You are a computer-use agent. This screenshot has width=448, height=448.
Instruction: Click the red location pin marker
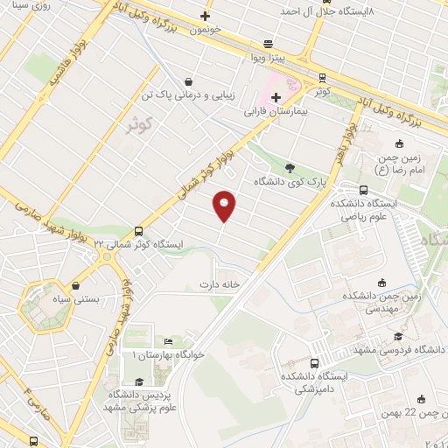225,205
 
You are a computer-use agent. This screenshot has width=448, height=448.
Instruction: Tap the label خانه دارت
219,284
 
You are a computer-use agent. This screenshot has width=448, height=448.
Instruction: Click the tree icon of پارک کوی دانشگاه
290,169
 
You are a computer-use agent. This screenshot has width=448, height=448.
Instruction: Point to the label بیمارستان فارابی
278,112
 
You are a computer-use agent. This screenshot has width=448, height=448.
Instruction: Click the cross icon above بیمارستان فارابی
276,97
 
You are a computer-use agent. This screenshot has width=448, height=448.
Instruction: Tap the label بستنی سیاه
77,299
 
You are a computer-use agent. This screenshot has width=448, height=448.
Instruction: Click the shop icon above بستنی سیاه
77,285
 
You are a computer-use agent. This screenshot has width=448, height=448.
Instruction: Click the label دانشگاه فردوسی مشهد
394,349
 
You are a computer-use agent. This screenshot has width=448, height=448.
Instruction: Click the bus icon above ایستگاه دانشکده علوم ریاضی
363,190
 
